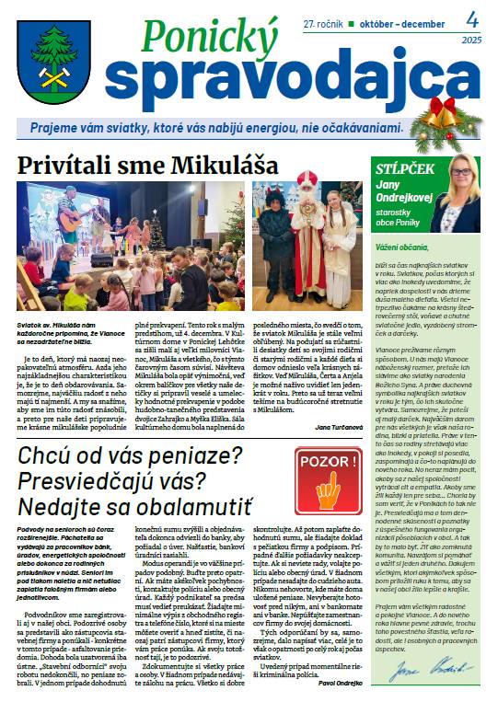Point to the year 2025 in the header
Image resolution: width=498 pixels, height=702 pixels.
click(x=471, y=40)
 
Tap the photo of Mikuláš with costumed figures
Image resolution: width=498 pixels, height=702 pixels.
click(x=311, y=246)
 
